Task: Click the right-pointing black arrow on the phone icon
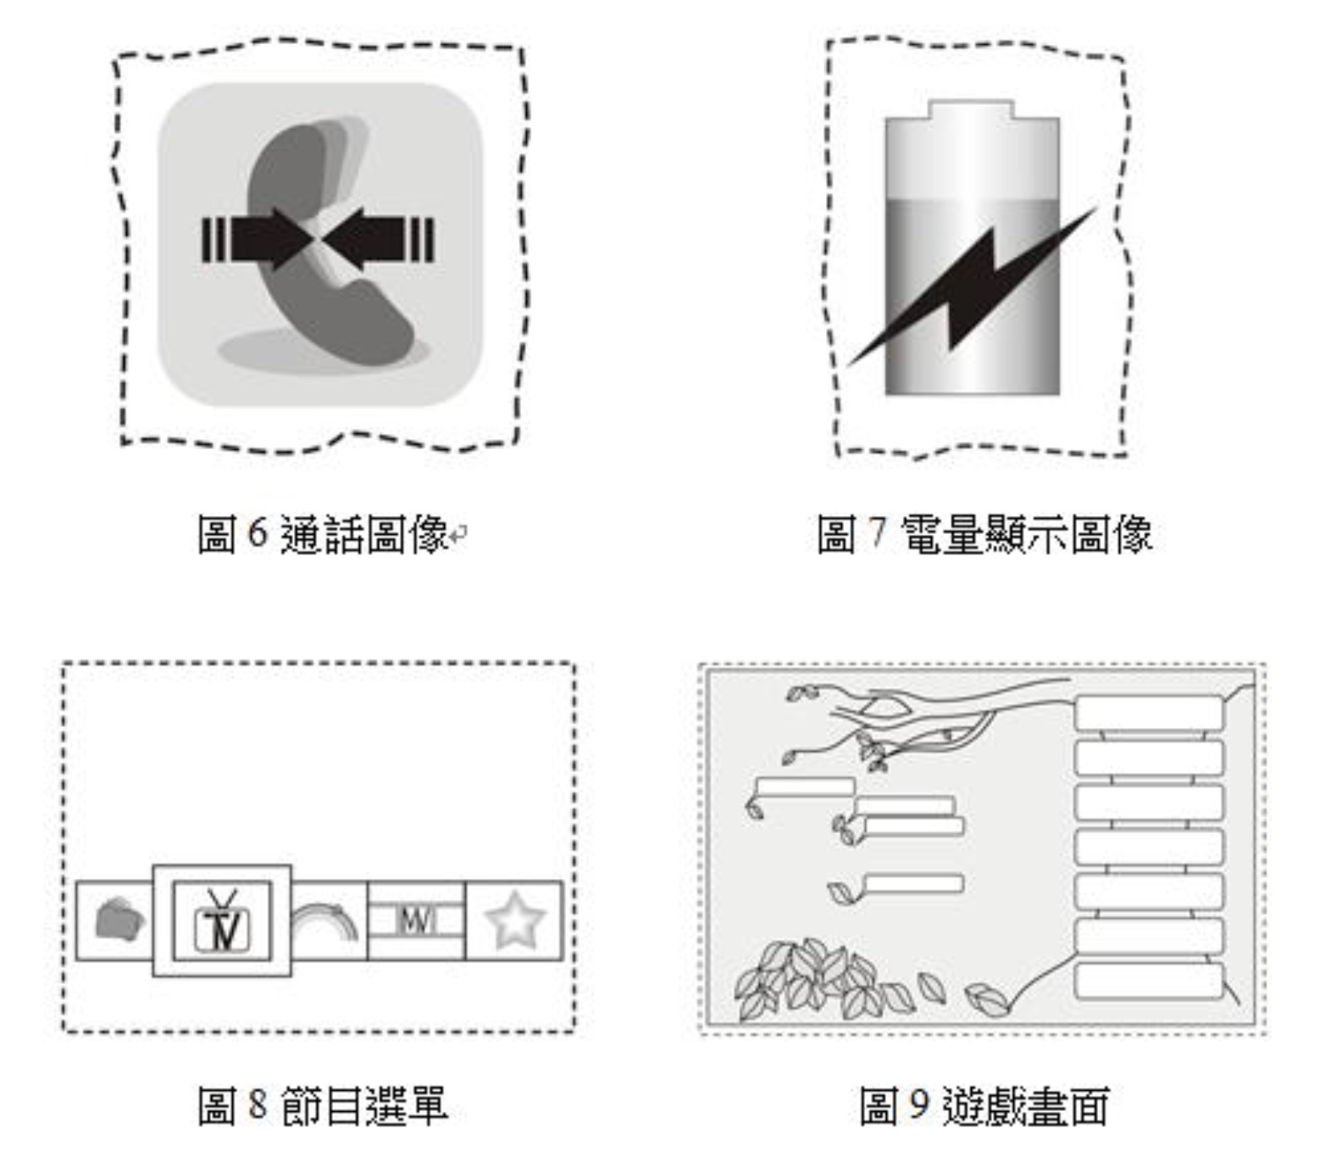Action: [269, 240]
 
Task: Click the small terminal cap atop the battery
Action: [971, 109]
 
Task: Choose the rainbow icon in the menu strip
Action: [325, 920]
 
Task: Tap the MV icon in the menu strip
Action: [416, 920]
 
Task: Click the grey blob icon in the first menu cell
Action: [119, 920]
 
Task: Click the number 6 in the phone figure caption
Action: [258, 533]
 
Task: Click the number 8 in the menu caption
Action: [258, 1104]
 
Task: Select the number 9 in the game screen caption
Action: [919, 1104]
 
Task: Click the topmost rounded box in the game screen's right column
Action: [1150, 713]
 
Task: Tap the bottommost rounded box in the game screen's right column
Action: [1150, 981]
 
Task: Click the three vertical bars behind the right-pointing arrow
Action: [214, 240]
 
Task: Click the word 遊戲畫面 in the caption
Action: [1025, 1105]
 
